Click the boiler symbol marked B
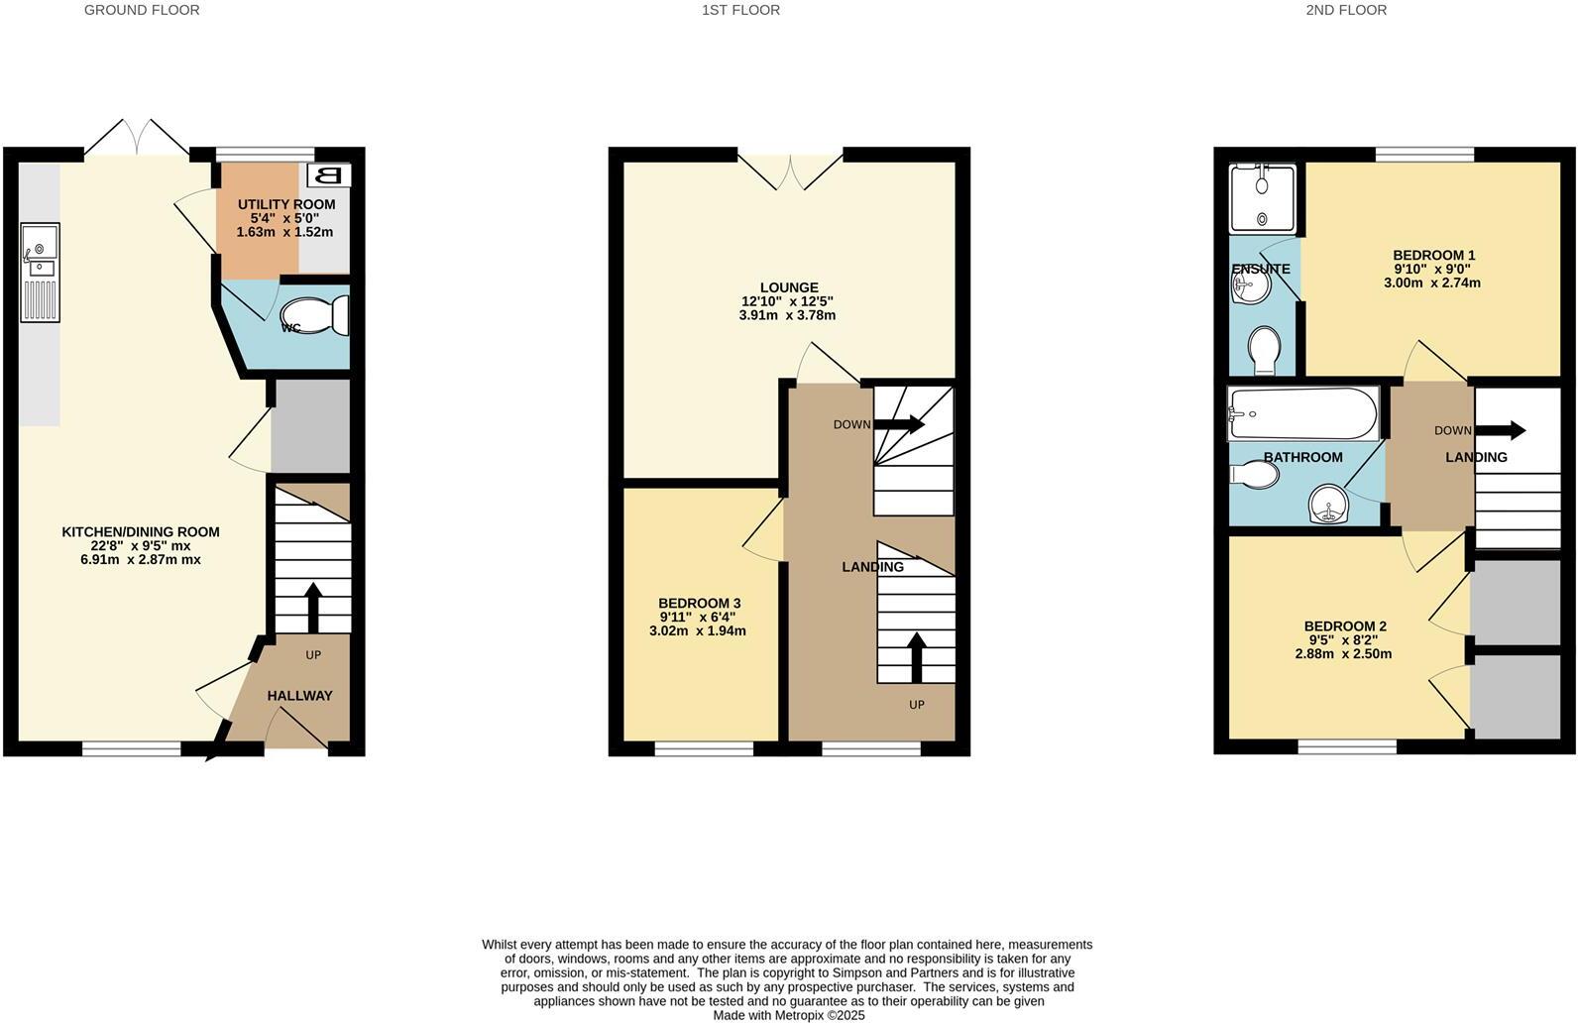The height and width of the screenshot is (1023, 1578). coord(329,175)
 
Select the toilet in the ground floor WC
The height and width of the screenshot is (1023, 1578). coord(322,316)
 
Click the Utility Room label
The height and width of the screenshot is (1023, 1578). coord(286,204)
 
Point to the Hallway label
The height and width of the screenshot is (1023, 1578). coord(299,696)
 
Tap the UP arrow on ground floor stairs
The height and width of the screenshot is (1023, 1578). coord(313,608)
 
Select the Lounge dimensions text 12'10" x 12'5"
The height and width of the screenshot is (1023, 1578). coord(787,301)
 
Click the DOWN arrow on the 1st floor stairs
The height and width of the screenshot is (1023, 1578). coord(898,424)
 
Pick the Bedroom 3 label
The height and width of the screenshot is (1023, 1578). coord(699,603)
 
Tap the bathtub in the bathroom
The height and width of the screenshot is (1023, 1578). coord(1302,413)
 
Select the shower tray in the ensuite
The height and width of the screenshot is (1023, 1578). coord(1262,198)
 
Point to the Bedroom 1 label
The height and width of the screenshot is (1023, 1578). coord(1433,255)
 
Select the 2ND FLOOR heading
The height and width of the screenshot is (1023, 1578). coord(1345,10)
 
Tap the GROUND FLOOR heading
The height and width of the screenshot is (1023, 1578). coord(142,10)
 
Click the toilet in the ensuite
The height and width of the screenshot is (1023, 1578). coord(1263,351)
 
